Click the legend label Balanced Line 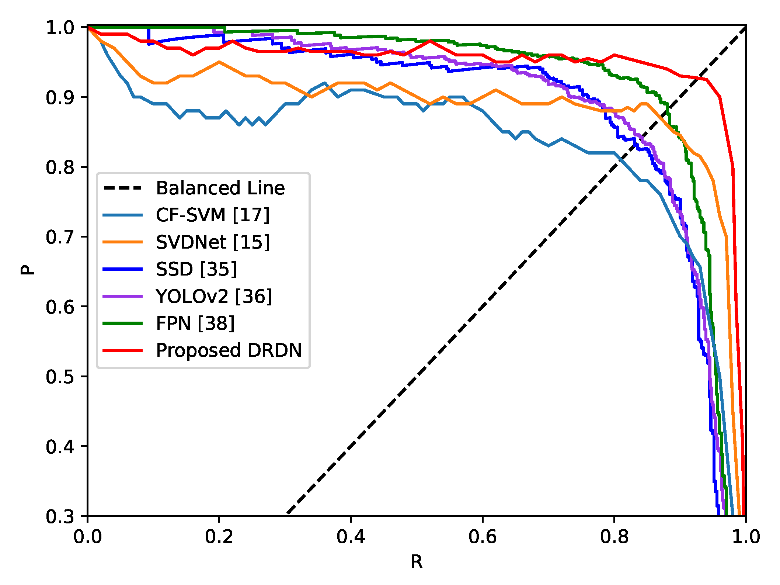220,188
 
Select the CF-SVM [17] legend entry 212,215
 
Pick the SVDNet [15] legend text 213,242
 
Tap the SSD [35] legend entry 196,269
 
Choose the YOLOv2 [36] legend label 214,296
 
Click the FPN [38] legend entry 195,323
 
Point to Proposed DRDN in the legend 229,350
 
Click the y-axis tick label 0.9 60,97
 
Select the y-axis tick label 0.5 60,377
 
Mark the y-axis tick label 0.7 60,237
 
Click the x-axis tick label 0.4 351,537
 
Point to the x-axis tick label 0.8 614,537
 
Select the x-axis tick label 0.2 219,537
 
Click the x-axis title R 417,562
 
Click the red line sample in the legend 122,350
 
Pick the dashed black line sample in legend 122,188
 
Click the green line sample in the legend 122,323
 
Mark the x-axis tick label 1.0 746,537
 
